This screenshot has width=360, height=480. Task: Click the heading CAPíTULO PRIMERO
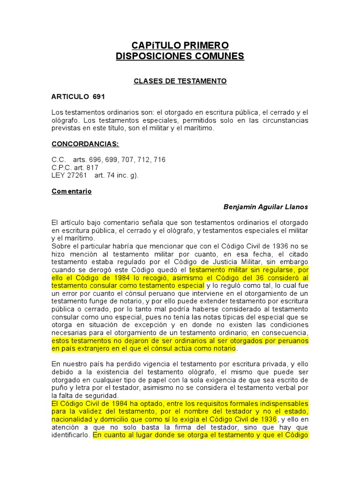click(180, 45)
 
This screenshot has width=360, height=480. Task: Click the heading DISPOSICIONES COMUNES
click(180, 56)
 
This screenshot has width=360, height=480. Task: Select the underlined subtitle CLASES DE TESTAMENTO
click(180, 81)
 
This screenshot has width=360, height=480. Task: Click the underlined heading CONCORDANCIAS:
click(85, 144)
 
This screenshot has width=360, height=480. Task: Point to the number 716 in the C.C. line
click(159, 160)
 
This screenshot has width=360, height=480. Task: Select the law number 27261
click(76, 175)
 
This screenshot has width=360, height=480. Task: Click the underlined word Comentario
click(71, 192)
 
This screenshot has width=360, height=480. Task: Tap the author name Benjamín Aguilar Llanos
click(265, 207)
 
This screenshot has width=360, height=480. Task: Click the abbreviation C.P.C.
click(61, 167)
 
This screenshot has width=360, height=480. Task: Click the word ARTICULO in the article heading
click(70, 97)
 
